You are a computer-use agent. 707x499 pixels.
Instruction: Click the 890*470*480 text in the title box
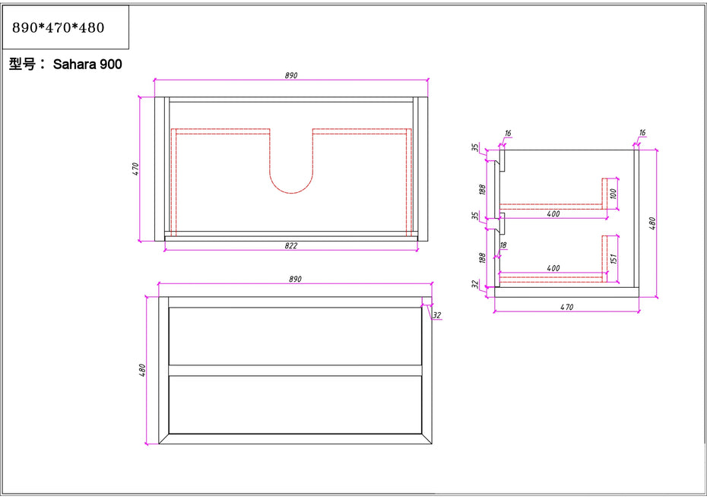tap(59, 28)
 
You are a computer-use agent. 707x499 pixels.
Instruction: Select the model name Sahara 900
tap(87, 65)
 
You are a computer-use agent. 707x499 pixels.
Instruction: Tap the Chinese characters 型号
tap(22, 65)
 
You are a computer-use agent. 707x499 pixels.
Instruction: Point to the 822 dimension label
tap(291, 245)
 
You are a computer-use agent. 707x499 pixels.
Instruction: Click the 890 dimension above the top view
tap(291, 75)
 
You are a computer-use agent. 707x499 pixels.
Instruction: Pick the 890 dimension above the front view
tap(295, 280)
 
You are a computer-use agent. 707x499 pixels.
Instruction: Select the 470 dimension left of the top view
tap(136, 169)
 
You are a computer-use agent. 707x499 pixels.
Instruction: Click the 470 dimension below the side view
tap(567, 307)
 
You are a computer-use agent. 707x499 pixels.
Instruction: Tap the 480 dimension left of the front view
tap(142, 370)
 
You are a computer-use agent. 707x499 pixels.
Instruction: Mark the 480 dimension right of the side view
tap(652, 224)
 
